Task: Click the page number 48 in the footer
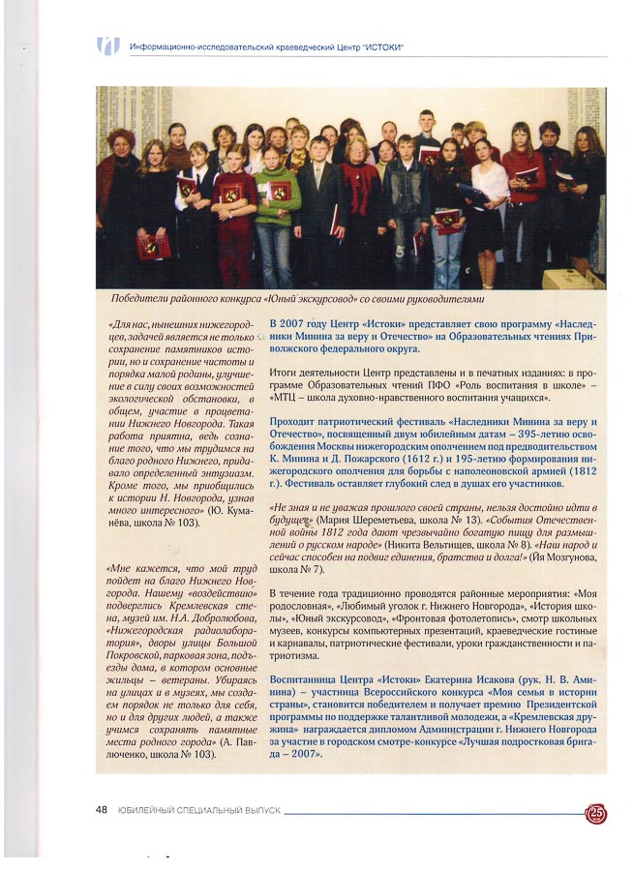[102, 809]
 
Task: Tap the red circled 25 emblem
[596, 814]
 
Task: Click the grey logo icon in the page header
[107, 45]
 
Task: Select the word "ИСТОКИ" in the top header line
[381, 46]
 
